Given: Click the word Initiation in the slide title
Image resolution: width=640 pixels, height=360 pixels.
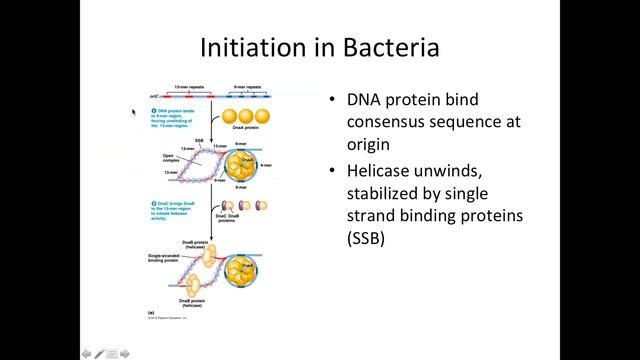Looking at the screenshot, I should [246, 47].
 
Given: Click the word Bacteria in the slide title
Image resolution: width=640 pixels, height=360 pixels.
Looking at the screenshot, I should [386, 47].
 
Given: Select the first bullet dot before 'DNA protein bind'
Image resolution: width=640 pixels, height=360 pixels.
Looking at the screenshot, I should [333, 101].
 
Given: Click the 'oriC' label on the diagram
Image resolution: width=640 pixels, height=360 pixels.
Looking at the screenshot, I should [153, 97].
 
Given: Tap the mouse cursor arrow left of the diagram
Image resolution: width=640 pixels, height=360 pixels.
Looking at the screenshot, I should [134, 112].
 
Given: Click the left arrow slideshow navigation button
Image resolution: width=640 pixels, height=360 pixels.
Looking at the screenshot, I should [87, 353].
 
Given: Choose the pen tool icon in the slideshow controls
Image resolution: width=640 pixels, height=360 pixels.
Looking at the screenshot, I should [100, 353].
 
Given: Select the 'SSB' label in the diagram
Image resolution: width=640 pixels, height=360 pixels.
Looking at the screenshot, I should [200, 140].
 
